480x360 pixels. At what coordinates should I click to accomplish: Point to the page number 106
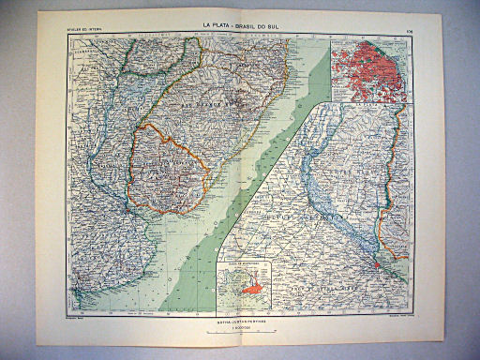tap(410, 37)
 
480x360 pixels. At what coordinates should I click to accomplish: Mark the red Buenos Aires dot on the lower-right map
tap(378, 265)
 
